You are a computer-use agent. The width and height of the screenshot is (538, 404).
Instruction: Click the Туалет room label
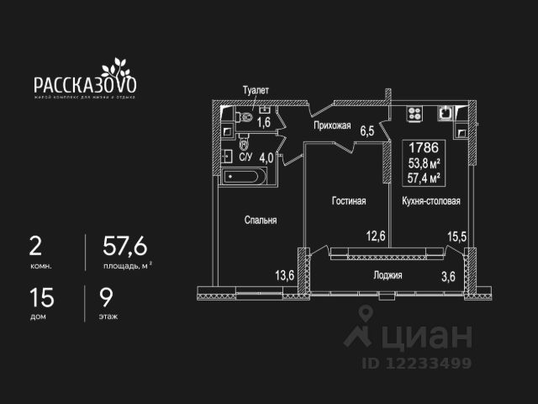(x=255, y=89)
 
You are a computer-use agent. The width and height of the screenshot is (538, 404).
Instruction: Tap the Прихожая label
(x=332, y=125)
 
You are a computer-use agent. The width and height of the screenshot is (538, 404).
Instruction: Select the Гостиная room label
(x=347, y=201)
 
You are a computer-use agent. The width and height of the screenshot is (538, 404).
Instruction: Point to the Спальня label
(x=261, y=220)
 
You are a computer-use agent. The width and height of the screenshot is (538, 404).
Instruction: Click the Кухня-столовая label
(x=430, y=201)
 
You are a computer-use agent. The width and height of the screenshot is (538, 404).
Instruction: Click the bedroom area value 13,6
(x=285, y=274)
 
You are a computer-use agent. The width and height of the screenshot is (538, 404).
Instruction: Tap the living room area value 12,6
(x=376, y=236)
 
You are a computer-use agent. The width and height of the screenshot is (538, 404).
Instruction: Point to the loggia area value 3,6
(x=453, y=274)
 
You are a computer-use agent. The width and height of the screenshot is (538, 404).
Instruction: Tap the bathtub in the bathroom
(x=245, y=177)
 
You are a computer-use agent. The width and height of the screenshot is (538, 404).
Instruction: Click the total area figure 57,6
(x=124, y=246)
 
